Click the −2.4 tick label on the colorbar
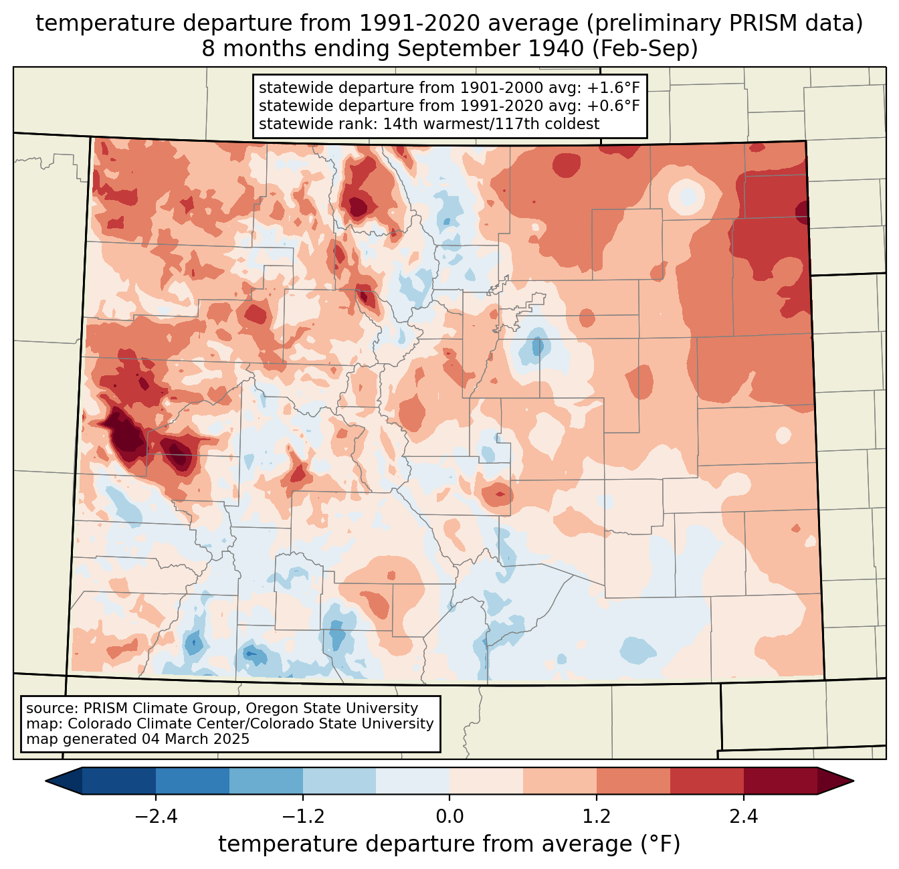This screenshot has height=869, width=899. [x=156, y=817]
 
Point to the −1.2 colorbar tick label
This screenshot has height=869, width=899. [x=303, y=817]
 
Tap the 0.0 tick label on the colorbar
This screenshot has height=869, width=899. [x=449, y=817]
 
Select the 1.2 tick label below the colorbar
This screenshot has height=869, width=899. [x=597, y=817]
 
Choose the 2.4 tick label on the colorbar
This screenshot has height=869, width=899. [x=744, y=817]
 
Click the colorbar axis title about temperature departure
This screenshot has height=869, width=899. [x=449, y=844]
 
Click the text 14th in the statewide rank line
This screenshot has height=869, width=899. [x=397, y=124]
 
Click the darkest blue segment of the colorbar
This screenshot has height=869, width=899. [x=119, y=781]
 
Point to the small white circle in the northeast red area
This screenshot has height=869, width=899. [x=688, y=196]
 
